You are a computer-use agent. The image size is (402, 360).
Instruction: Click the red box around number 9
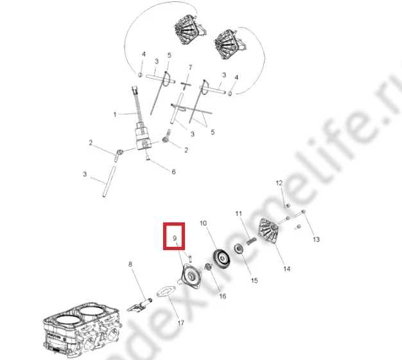coord(174,223)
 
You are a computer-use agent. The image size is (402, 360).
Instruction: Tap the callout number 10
coord(203,223)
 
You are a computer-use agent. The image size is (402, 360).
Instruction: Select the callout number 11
coord(239,213)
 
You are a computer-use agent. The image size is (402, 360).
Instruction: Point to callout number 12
coord(279,183)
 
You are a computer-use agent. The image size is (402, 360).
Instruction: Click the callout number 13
coord(317,239)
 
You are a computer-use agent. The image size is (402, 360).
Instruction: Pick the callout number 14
coord(286,269)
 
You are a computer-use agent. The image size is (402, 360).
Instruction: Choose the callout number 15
coord(254,280)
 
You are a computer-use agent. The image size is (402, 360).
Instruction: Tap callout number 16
coord(223,296)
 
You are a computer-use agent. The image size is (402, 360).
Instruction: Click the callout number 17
coord(181,323)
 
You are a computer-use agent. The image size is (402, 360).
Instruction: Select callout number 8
coord(130,264)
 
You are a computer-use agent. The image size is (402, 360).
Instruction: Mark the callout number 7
coord(190,67)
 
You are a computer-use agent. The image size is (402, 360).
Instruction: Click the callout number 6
coord(173,172)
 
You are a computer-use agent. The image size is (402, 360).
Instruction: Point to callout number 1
coord(115,114)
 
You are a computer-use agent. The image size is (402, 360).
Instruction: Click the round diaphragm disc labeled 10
coord(222,259)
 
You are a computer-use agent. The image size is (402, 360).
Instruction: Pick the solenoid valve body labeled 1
coord(143,136)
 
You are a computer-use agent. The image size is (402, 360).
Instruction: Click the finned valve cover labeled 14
coord(268,230)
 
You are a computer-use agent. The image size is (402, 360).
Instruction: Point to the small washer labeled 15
coord(239,249)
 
